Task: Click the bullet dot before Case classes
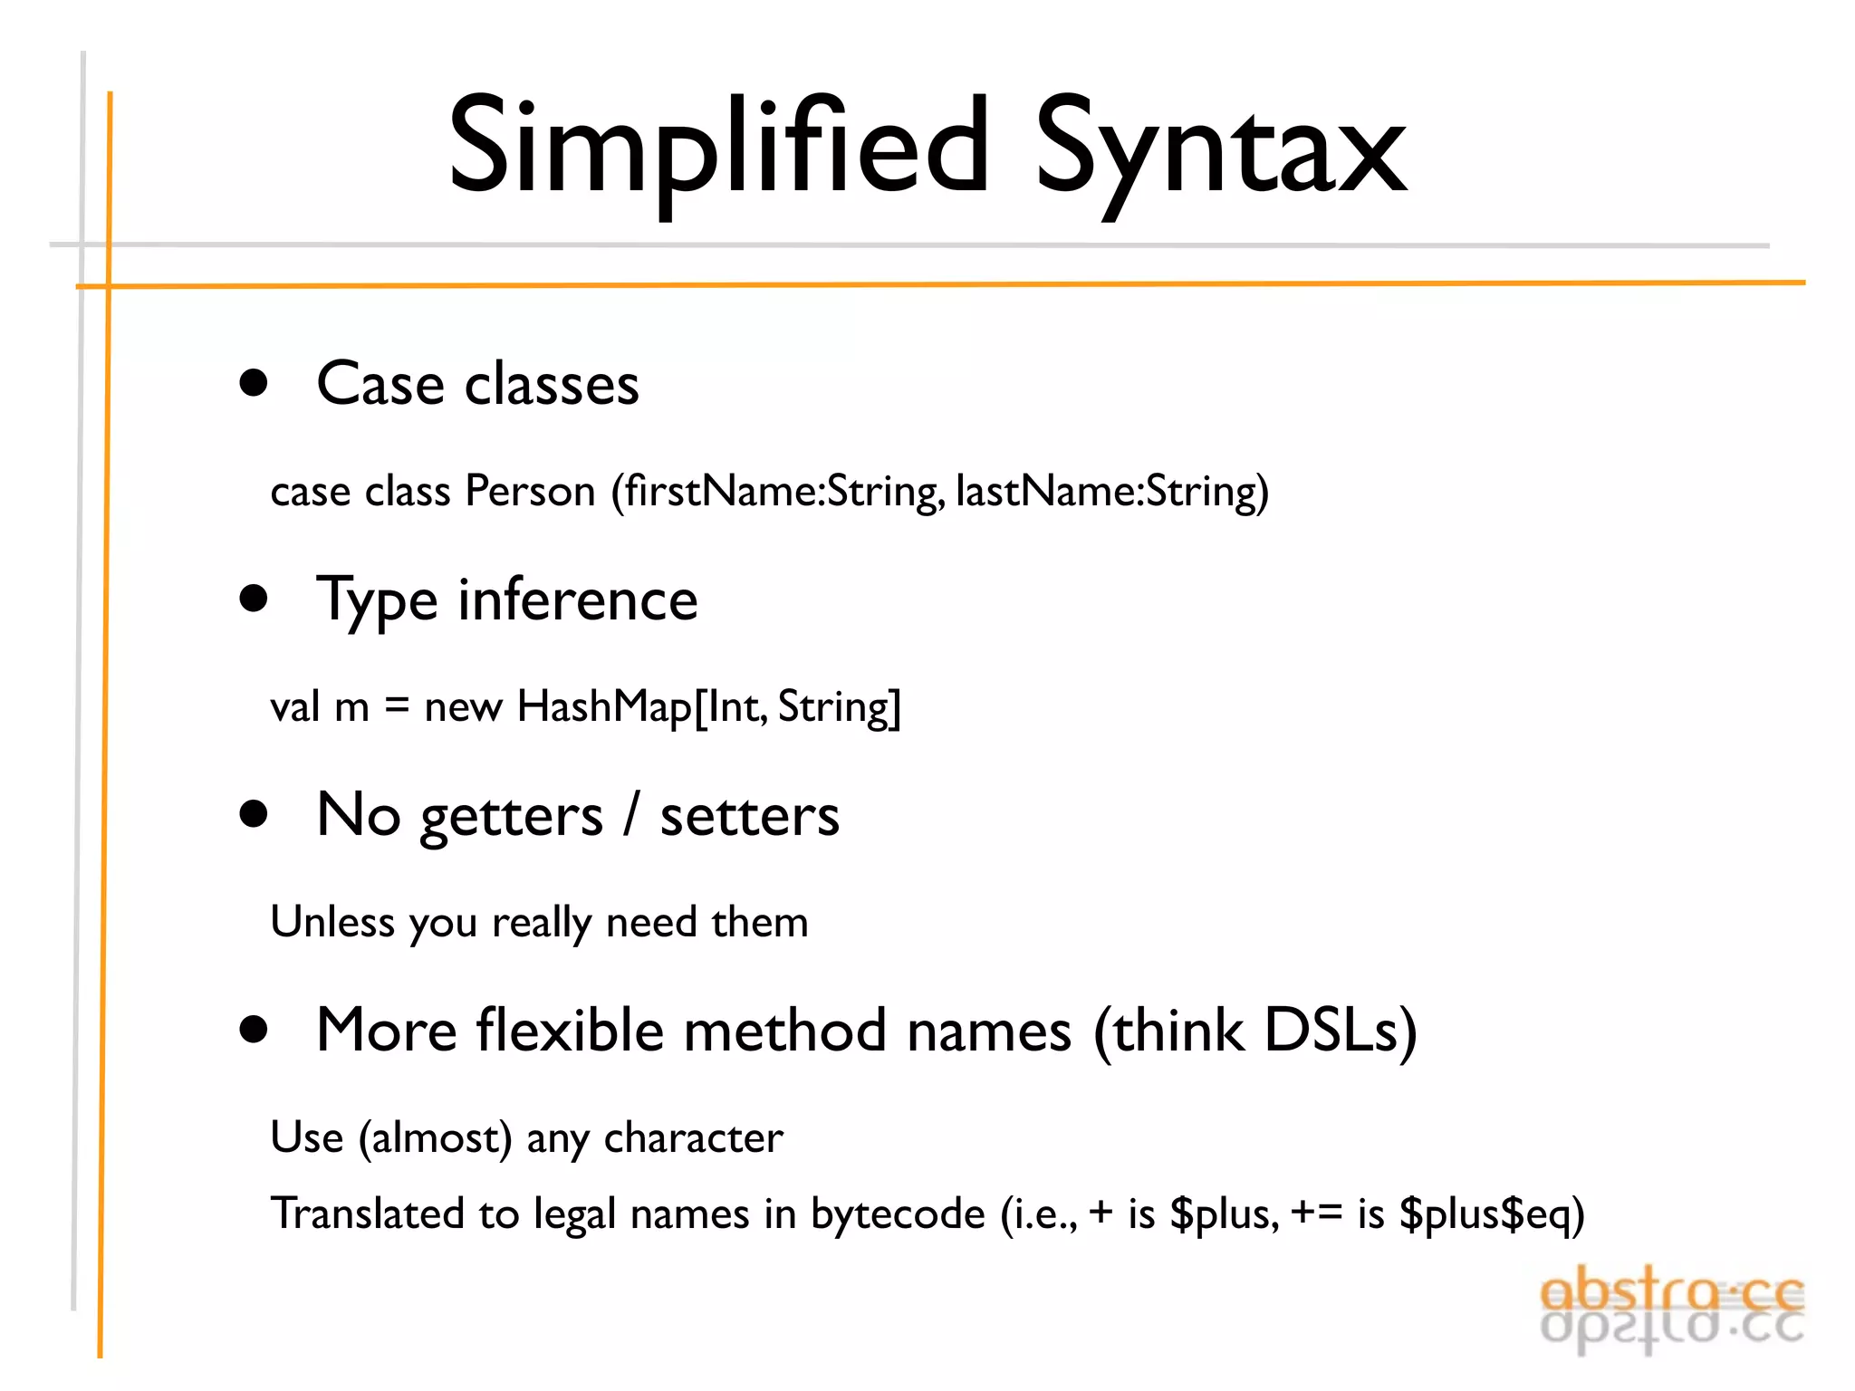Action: pos(255,383)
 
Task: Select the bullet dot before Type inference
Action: pos(255,599)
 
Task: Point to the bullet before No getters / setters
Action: pos(255,814)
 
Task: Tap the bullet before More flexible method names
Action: pos(255,1030)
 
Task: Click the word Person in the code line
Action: pos(530,492)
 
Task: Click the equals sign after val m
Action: pos(397,707)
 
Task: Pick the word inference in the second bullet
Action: pos(578,600)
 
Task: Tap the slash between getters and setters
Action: pos(631,815)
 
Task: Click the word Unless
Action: pos(332,923)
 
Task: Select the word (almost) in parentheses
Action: pos(436,1137)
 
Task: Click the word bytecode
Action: pos(898,1214)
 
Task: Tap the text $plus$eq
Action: pos(1491,1214)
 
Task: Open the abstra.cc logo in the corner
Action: pos(1672,1308)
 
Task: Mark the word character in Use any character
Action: pos(693,1137)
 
